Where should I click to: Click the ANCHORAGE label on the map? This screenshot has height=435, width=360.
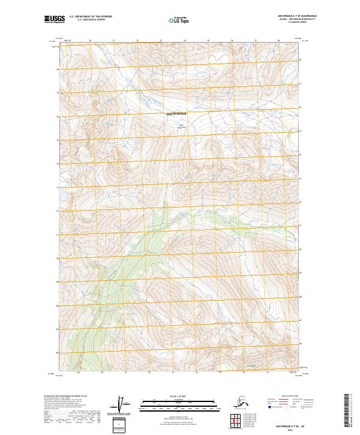(x=176, y=113)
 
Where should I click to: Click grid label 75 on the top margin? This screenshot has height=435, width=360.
(x=185, y=41)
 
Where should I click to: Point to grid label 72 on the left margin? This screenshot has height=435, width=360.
(x=57, y=211)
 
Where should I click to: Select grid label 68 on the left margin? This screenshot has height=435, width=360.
(x=57, y=305)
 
